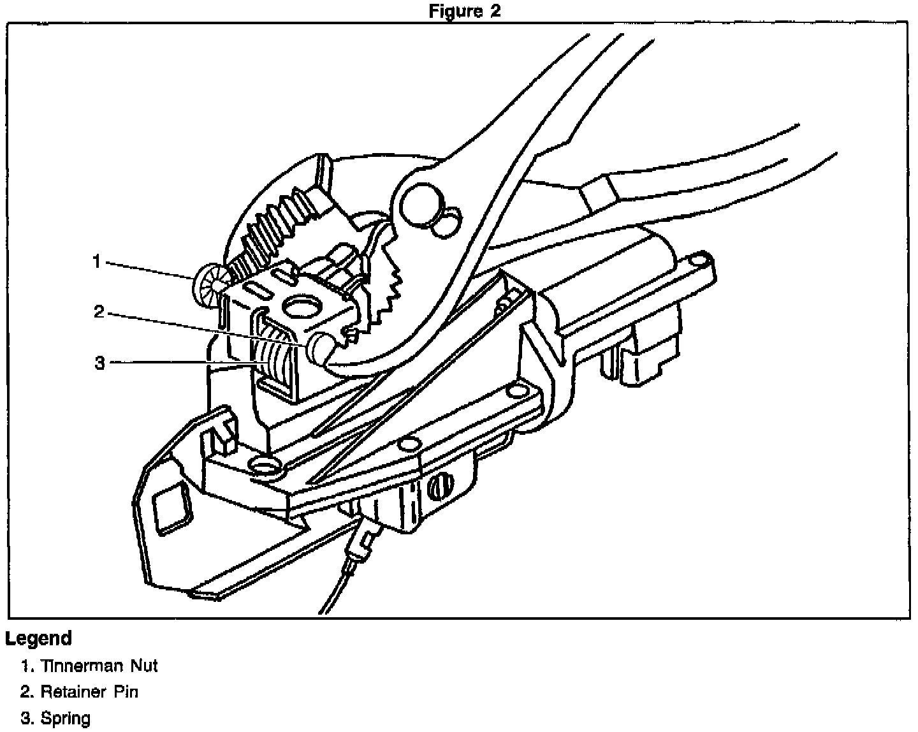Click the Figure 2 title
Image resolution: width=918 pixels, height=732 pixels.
[465, 11]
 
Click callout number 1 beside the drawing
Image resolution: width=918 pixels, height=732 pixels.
[96, 261]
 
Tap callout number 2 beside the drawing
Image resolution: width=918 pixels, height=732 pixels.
[99, 312]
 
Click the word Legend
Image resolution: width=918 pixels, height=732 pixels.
[39, 638]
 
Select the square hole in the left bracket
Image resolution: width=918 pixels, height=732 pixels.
[173, 506]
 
